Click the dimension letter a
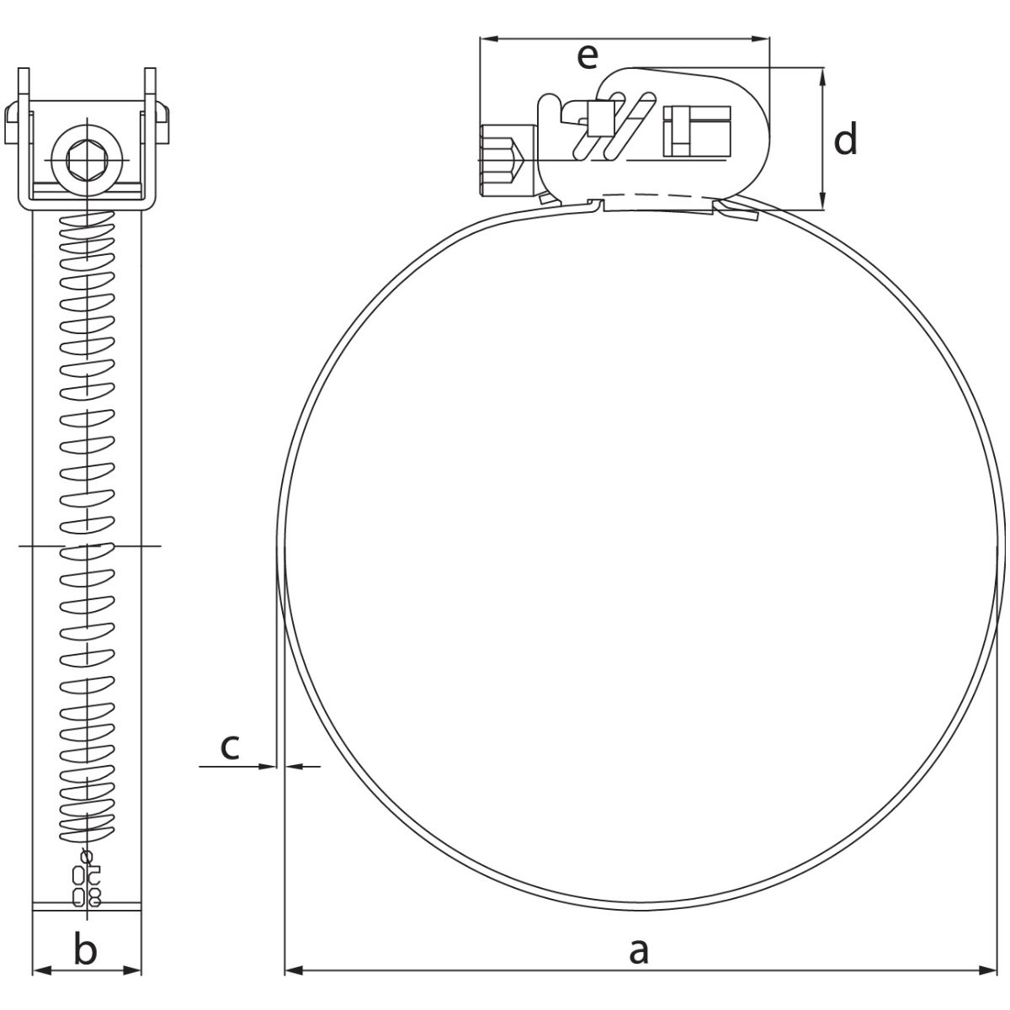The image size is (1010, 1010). click(638, 951)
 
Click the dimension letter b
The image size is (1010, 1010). click(86, 949)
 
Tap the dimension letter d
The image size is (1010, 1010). click(845, 138)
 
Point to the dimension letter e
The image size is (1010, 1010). click(587, 57)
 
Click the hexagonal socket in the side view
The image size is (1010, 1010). click(87, 159)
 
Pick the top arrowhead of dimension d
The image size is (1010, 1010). click(822, 77)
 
